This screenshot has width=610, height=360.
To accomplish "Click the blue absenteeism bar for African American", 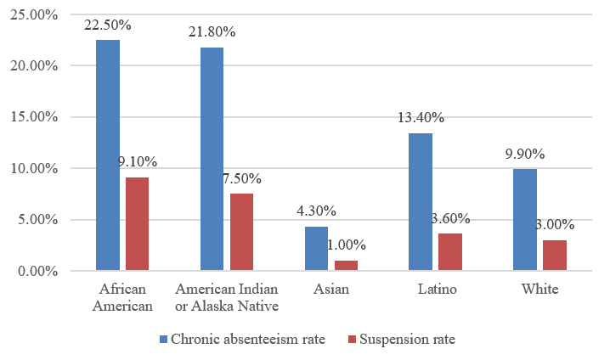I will coord(108,155).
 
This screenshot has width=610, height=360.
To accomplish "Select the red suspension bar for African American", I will coord(138,224).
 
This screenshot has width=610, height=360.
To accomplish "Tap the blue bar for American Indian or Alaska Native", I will coord(212,159).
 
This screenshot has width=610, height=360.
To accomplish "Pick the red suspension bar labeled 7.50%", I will coord(241,232).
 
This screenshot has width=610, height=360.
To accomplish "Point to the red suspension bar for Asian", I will coord(346,266).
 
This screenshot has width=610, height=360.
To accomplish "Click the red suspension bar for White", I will coord(554,256).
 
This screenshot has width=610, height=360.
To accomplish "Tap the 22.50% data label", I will coord(108,25).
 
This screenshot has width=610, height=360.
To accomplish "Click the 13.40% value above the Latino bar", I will coord(421,117).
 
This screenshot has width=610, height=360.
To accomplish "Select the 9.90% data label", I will coord(524,154).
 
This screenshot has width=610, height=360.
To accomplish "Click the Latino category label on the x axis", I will coord(437,290).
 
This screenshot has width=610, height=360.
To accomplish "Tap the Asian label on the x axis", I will coord(331,290).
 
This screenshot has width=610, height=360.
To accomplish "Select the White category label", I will coord(540,290).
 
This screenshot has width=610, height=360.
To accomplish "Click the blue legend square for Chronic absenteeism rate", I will coord(164,340).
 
